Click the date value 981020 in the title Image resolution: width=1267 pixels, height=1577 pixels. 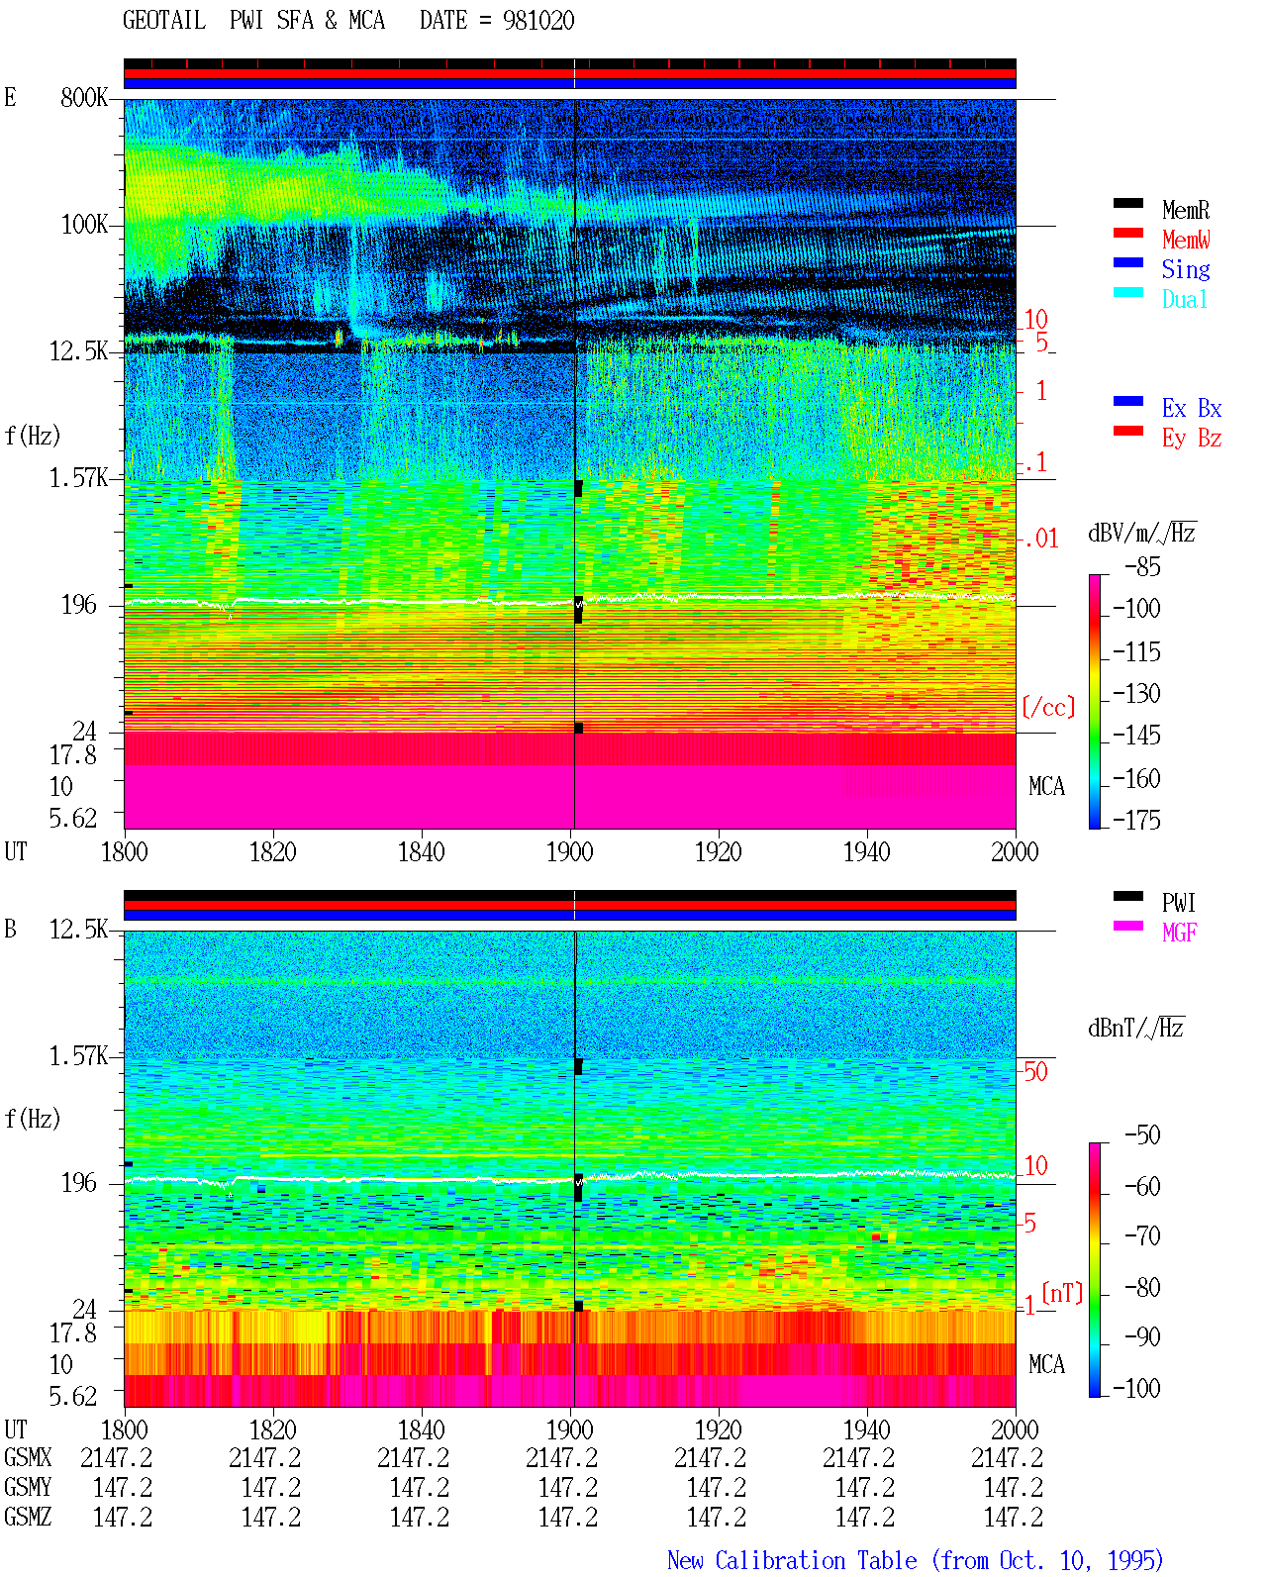coord(538,21)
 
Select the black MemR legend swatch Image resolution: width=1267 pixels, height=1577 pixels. coord(1127,203)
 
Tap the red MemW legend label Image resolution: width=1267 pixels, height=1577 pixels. coord(1186,239)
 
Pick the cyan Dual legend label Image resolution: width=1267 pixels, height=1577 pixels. coord(1184,299)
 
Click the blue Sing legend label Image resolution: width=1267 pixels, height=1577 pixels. coord(1186,269)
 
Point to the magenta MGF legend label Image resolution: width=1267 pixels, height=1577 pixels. coord(1179,933)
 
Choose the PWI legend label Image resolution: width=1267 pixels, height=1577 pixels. coord(1178,902)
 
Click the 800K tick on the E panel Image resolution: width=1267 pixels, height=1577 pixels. coord(84,97)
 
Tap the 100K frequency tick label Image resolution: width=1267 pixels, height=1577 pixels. coord(84,225)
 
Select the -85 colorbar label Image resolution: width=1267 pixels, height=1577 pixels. coord(1143,566)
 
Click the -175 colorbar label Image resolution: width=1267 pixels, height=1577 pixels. coord(1136,820)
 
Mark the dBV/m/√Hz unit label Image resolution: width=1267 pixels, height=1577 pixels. coord(1141,533)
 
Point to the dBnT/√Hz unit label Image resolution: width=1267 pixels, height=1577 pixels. coord(1135,1028)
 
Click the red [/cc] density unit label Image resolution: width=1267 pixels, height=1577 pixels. coord(1048,707)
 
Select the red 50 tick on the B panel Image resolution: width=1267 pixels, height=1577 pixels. coord(1035,1071)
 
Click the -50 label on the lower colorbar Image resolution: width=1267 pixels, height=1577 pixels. coord(1143,1135)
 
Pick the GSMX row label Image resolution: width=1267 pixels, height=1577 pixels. coord(28,1457)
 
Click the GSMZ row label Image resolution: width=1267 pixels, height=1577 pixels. coord(28,1517)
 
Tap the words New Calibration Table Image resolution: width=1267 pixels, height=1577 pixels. coord(792,1560)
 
